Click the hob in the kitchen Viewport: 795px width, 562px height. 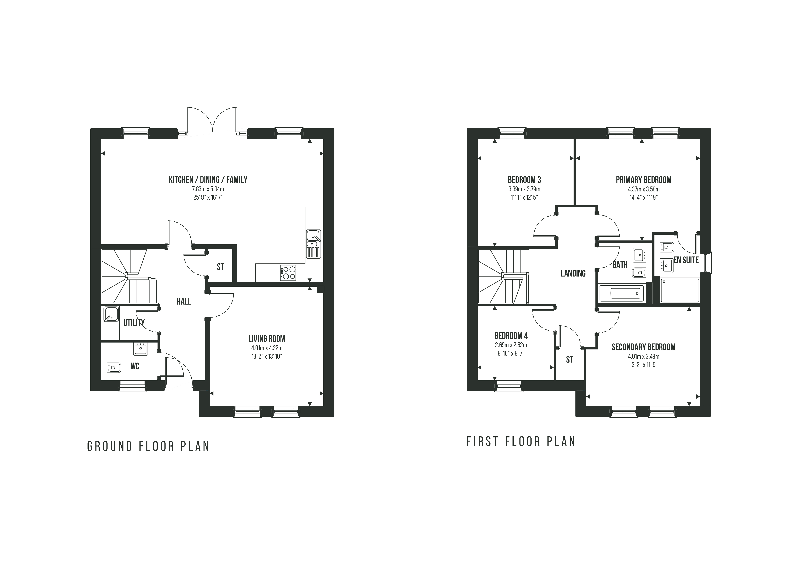288,273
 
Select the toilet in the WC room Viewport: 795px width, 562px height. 114,368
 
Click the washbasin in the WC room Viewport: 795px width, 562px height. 141,349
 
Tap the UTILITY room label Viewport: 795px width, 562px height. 134,322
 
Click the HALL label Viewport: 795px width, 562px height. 184,301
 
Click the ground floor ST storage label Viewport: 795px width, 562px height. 220,267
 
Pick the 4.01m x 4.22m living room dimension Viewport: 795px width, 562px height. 267,348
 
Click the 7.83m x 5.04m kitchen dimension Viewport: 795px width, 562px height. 208,189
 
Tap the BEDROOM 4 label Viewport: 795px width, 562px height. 511,336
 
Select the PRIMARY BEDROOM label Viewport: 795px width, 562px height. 644,180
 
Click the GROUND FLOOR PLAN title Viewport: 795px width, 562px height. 148,446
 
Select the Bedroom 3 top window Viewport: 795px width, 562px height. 512,134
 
